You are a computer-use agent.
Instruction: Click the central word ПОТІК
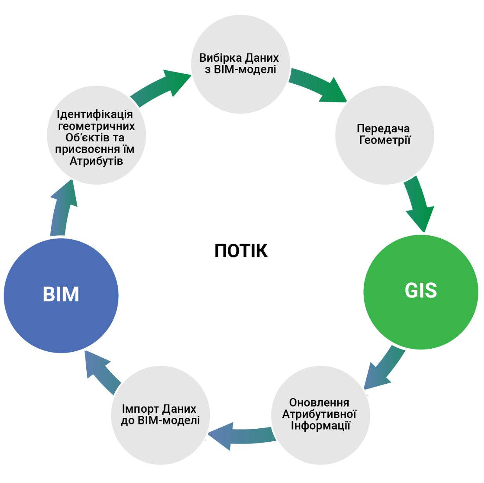[241, 250]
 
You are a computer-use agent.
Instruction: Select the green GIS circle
[421, 291]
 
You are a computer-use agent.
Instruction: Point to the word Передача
[383, 128]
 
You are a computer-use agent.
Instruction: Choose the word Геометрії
[385, 140]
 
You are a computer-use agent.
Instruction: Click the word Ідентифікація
[95, 114]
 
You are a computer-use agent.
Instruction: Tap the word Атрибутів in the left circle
[96, 161]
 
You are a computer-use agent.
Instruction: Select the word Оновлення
[319, 403]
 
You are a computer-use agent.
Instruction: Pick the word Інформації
[320, 426]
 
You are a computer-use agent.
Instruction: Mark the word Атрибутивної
[319, 414]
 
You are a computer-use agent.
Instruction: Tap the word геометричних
[96, 126]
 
